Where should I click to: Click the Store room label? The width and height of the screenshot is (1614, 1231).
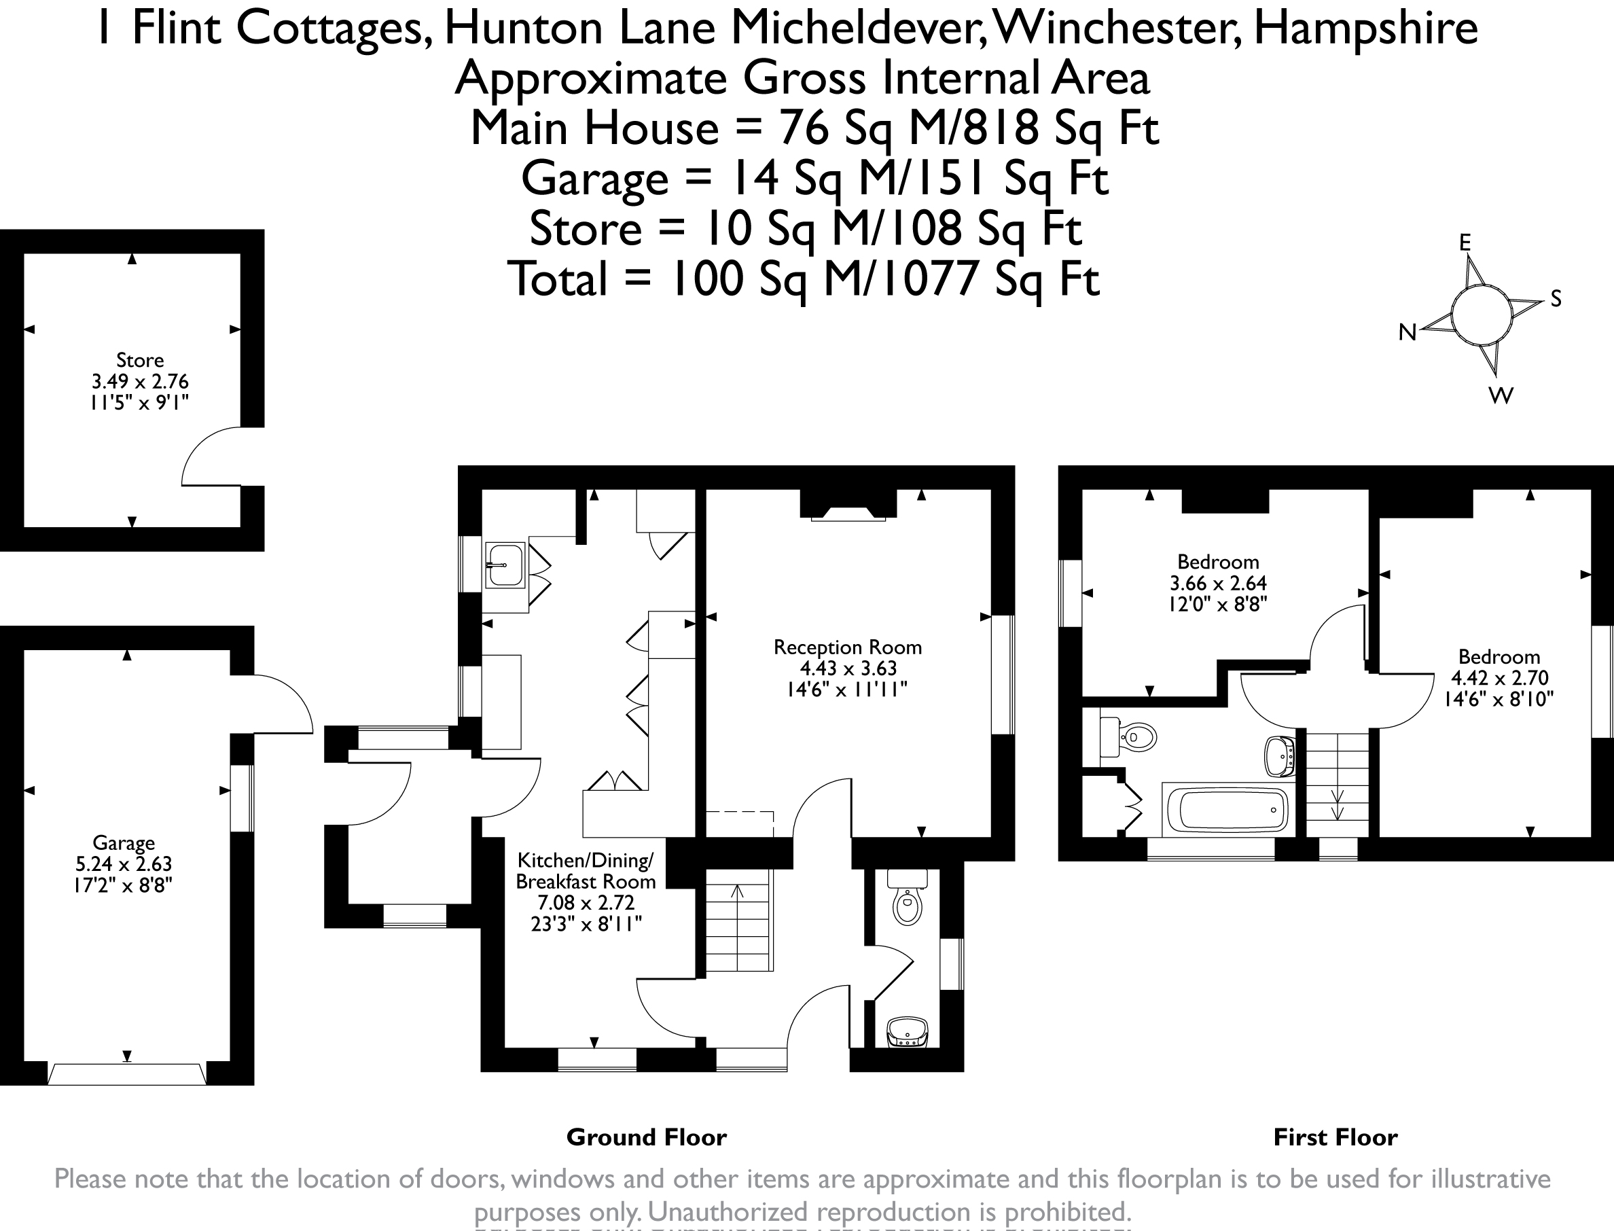(x=139, y=361)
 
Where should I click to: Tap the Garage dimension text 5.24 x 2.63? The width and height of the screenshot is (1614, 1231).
(x=123, y=864)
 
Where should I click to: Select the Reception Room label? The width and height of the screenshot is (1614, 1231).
(x=847, y=647)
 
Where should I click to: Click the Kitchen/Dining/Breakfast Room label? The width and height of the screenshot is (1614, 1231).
(x=585, y=870)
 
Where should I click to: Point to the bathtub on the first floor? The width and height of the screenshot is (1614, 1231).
(x=1224, y=810)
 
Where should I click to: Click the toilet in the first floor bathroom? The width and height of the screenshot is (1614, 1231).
(x=1132, y=736)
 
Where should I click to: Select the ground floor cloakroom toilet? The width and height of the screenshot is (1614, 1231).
(x=907, y=902)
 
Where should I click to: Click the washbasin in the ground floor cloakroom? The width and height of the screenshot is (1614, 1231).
(x=907, y=1032)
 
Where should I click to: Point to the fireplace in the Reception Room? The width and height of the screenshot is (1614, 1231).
(x=848, y=513)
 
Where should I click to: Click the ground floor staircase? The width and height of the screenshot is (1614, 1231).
(x=738, y=921)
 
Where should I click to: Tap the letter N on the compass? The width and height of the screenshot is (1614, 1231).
(x=1407, y=333)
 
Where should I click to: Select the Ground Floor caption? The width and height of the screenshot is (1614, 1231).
(x=646, y=1137)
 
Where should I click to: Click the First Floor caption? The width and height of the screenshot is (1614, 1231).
(x=1335, y=1137)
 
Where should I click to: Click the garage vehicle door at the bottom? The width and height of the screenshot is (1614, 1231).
(x=127, y=1074)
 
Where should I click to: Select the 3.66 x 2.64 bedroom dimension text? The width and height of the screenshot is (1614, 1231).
(x=1218, y=584)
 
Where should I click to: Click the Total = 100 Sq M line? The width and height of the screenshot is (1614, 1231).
(x=804, y=280)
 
